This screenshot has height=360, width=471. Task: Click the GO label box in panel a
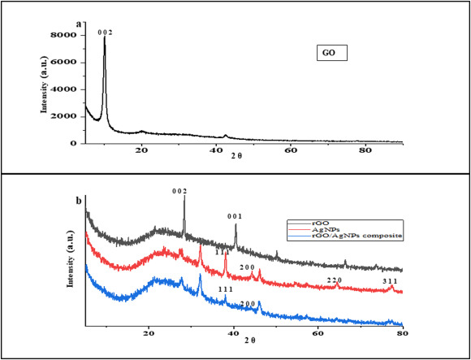tap(331, 54)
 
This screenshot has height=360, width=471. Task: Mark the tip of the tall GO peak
tap(105, 38)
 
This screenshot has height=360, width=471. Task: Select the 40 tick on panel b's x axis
tap(233, 332)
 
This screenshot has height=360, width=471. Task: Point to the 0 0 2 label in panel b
tap(179, 191)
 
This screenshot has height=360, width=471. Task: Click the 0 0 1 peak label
tap(235, 216)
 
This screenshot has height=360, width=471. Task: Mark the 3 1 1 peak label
tap(391, 280)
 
